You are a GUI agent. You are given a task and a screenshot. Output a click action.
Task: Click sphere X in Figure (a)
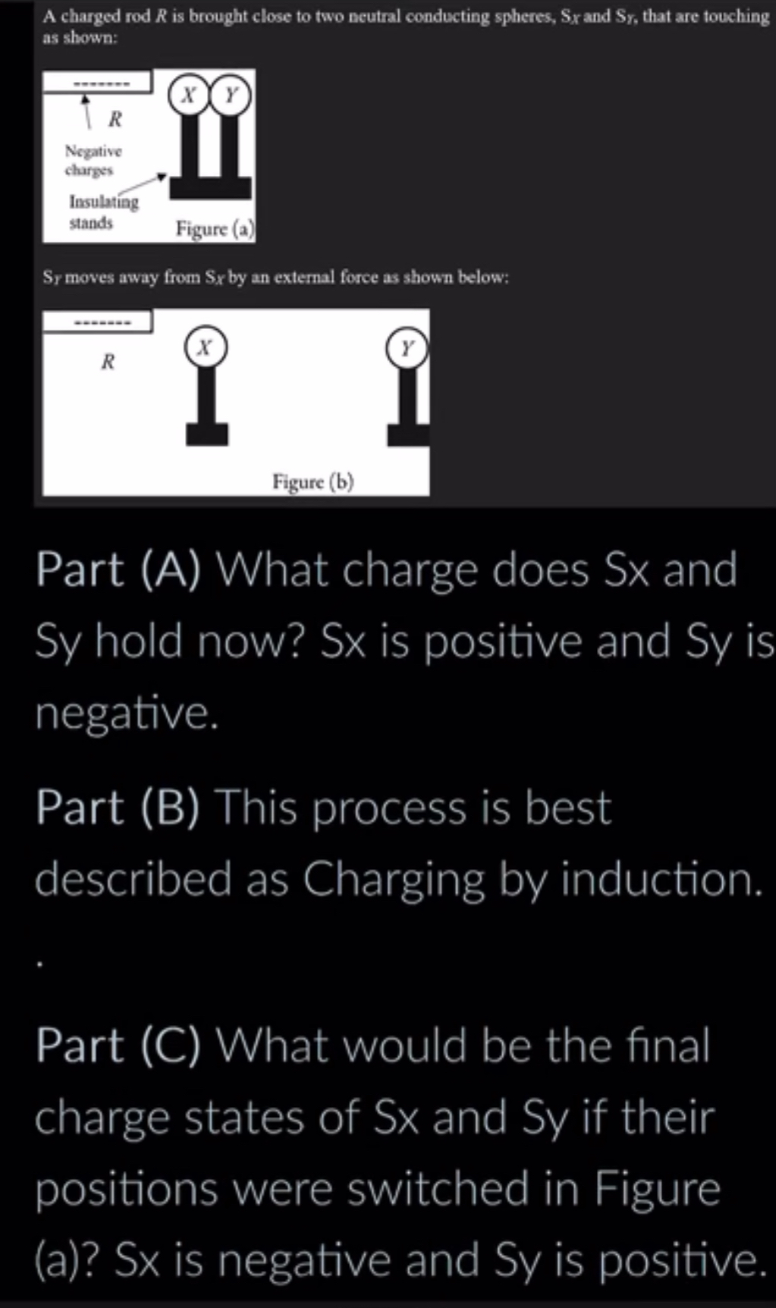coord(189,96)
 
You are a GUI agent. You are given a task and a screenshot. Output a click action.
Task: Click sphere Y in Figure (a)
coord(231,96)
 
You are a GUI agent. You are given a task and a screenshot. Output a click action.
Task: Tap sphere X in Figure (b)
coord(205,347)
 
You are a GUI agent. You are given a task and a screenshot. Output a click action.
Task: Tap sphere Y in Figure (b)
coord(407,348)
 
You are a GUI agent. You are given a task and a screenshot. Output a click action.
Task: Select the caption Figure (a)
coord(215,228)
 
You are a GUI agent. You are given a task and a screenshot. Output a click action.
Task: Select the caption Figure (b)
coord(313,481)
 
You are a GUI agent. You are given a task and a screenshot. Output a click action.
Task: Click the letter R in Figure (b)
coord(108,362)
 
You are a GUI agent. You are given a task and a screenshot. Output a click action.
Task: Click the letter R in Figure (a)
coord(115,119)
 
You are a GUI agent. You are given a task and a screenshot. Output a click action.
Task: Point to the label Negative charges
coord(93,160)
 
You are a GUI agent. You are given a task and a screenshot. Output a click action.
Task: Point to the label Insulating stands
coord(103,212)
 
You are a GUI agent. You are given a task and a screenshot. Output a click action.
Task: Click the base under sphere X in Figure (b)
coord(206,434)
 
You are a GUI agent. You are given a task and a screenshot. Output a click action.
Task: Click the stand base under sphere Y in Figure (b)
coord(408,434)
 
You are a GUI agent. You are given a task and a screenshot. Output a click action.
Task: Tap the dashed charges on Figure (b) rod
coord(102,323)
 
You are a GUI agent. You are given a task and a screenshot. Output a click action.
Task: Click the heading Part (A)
coord(118,569)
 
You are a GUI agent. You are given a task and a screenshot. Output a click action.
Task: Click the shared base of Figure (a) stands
coord(210,187)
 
